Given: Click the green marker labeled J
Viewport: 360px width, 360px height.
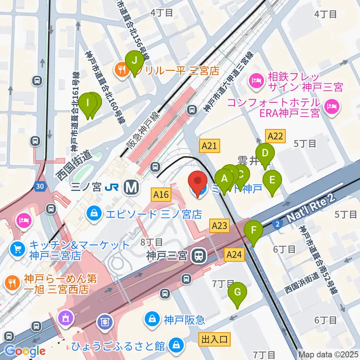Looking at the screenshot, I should [134, 60].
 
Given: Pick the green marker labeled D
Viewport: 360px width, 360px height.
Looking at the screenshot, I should [265, 153].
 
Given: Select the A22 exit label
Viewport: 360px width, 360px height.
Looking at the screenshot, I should [275, 136].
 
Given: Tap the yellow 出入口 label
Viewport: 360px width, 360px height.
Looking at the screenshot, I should [214, 340].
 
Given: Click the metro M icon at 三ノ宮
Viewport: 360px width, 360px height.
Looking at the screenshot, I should [132, 186].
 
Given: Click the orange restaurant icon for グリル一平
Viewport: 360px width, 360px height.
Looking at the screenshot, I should [121, 69].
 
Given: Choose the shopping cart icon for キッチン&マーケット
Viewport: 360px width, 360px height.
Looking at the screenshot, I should [17, 249].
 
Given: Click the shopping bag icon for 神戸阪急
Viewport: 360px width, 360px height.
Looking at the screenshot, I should [153, 319].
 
